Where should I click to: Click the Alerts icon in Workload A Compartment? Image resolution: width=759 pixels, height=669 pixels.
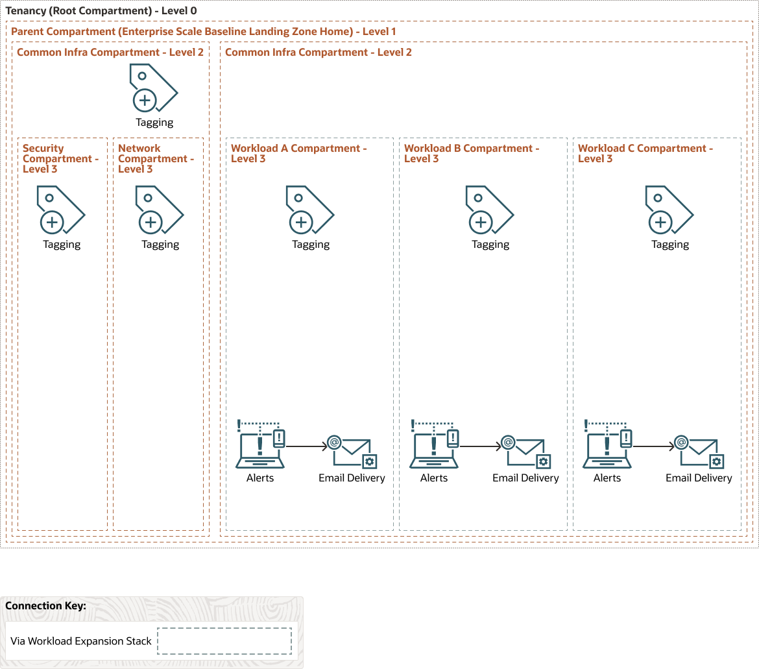click(x=261, y=444)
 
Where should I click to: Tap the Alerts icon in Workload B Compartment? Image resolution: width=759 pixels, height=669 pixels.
click(x=434, y=444)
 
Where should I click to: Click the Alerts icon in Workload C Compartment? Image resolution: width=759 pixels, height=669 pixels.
click(x=607, y=444)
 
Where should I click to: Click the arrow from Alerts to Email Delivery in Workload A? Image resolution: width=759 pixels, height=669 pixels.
click(x=306, y=446)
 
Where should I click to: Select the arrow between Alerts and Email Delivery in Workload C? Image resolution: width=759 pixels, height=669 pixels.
click(x=653, y=446)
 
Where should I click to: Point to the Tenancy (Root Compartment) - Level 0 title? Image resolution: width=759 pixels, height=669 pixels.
click(x=101, y=11)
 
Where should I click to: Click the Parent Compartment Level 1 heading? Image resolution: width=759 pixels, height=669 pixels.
click(x=203, y=32)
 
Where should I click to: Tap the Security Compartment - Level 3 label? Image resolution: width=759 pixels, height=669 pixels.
click(x=60, y=158)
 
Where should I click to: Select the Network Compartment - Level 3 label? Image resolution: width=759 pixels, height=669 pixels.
click(x=156, y=158)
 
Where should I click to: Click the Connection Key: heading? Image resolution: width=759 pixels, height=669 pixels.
click(x=45, y=605)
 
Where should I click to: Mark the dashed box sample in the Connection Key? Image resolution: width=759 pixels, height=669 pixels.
click(x=224, y=641)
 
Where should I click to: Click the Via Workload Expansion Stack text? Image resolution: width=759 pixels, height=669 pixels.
click(x=81, y=641)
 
